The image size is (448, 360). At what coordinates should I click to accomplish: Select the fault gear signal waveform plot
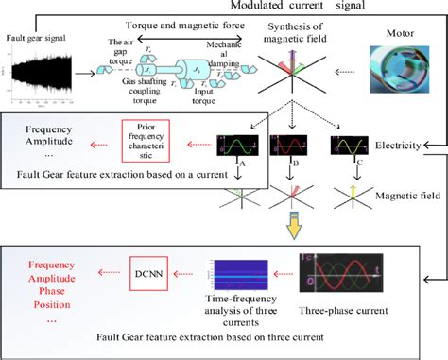coord(43,75)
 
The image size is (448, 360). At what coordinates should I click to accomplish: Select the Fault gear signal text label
coord(35,38)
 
